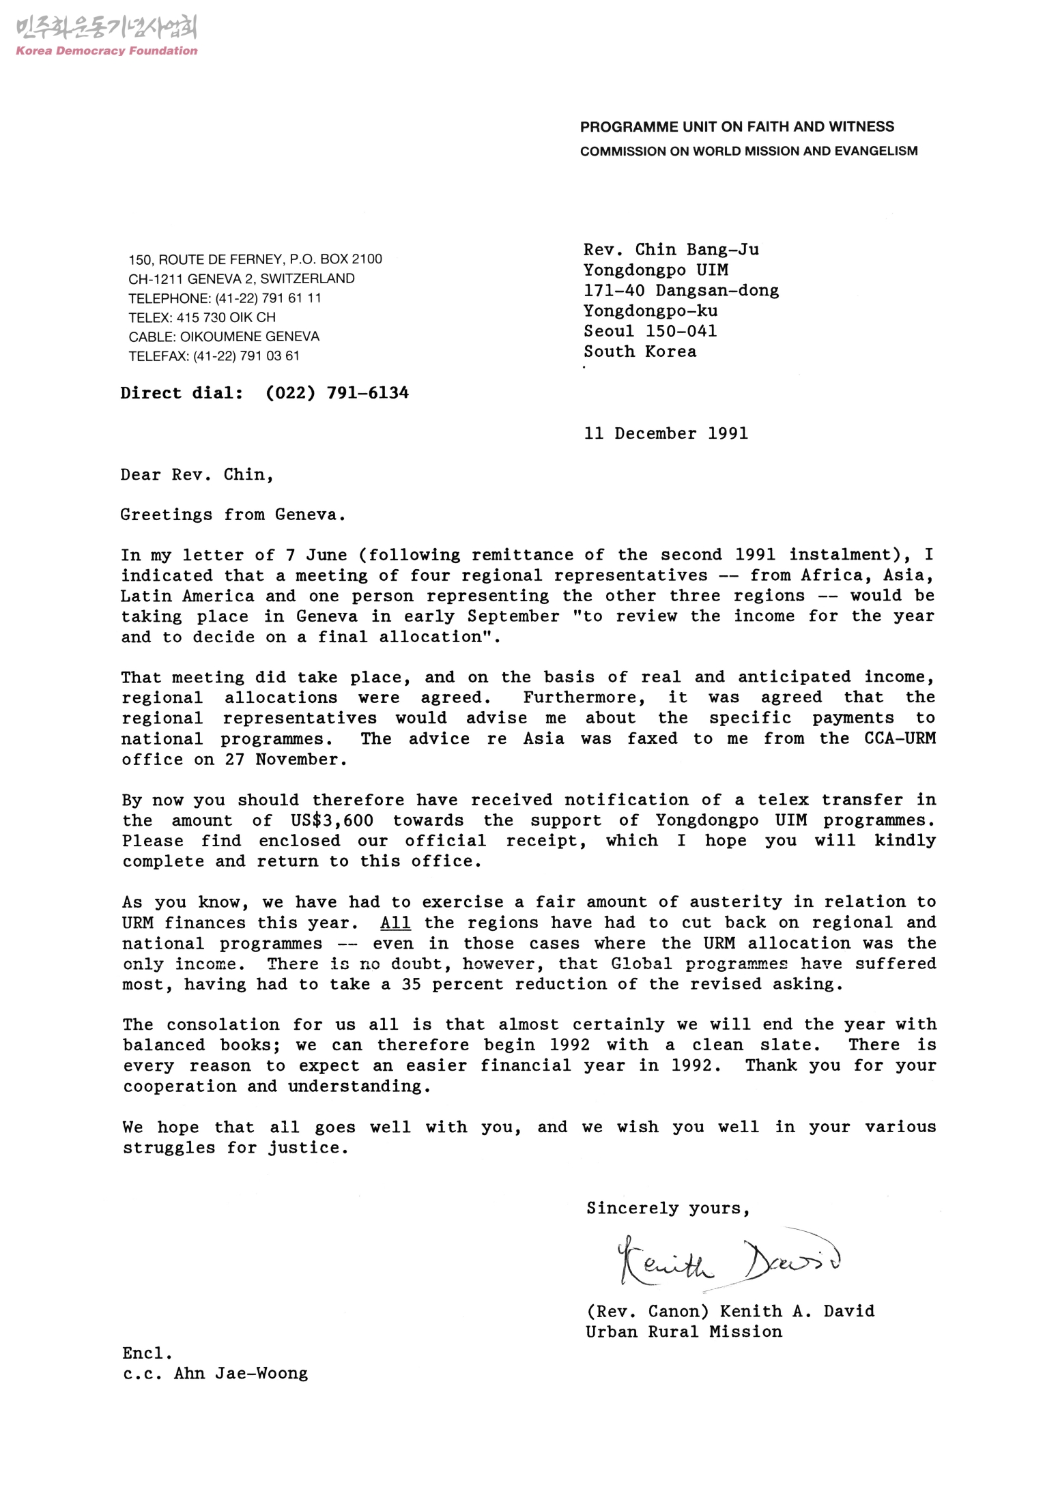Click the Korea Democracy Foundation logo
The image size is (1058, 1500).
point(106,35)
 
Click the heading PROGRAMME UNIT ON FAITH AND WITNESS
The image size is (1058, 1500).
point(737,127)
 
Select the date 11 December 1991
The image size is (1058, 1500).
point(666,434)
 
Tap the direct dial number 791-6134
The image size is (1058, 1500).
point(367,393)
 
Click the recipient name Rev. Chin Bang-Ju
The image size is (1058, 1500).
point(670,250)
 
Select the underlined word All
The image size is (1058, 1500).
point(395,923)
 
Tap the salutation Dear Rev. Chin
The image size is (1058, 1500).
point(197,475)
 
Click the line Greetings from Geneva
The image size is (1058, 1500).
point(233,515)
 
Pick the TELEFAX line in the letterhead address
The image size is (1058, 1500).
point(214,356)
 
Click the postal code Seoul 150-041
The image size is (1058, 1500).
point(650,332)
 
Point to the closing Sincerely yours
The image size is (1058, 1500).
point(668,1209)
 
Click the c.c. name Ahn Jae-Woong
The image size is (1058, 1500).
point(241,1373)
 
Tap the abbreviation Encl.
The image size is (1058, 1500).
point(147,1353)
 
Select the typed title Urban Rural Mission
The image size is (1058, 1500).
point(683,1331)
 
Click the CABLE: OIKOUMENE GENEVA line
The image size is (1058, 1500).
point(223,337)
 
